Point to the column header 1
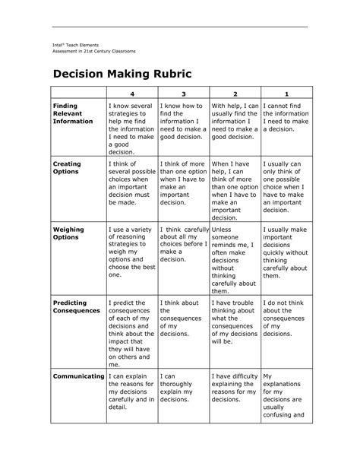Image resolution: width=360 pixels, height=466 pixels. point(286,94)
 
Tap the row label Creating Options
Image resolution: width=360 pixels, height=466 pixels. point(67,168)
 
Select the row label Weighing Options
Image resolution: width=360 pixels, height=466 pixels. point(68,233)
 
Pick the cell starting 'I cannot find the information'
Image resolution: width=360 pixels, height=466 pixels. point(286,117)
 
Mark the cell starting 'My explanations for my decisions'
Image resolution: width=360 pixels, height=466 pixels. point(286,395)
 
